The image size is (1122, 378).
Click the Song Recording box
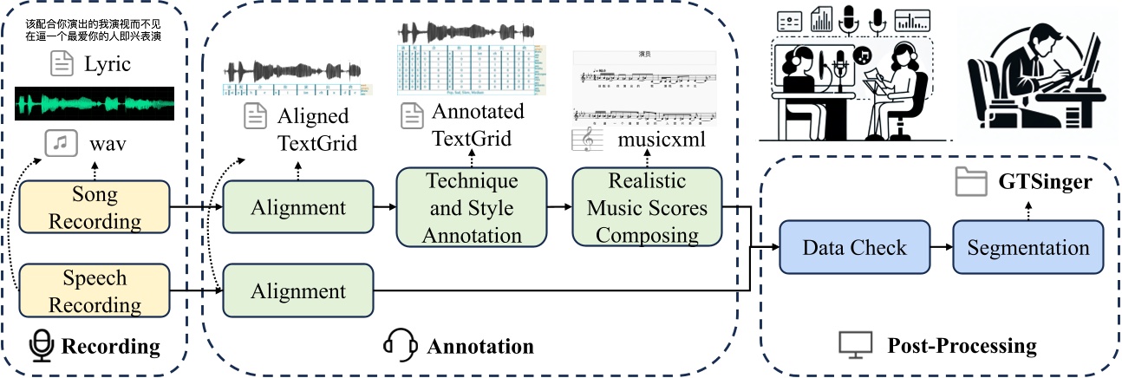[x=95, y=208]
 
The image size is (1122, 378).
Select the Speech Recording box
[x=95, y=291]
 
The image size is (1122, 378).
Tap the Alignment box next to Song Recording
[x=297, y=207]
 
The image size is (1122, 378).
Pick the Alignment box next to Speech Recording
[x=297, y=291]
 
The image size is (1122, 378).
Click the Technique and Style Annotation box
[x=472, y=207]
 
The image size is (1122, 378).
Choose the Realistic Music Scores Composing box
[x=647, y=207]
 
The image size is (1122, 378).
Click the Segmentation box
[x=1028, y=248]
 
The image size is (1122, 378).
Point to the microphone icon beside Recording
[x=41, y=346]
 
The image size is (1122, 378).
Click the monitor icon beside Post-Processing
[x=854, y=346]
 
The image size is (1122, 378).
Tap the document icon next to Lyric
[x=61, y=62]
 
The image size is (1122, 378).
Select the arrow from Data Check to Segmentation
[x=940, y=248]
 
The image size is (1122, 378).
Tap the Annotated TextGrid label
[x=478, y=125]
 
